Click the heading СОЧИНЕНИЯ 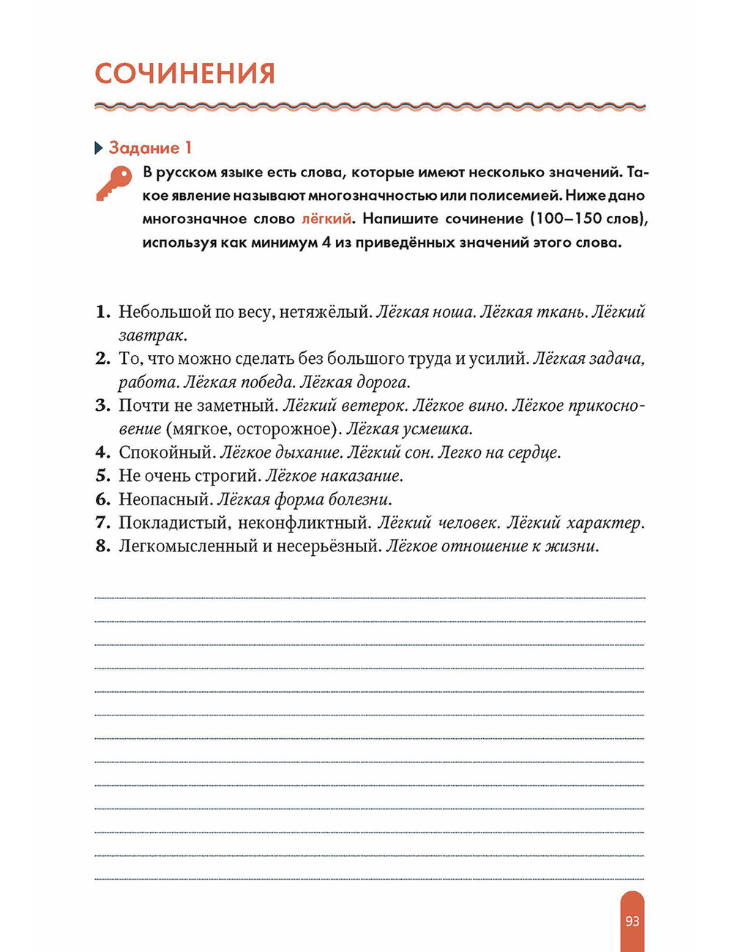184,74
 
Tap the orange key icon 113,182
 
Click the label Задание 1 150,148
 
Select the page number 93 632,921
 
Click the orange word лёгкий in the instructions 326,219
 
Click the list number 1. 102,312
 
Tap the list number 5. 102,476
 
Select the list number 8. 102,546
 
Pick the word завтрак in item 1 153,335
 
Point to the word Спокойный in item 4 166,453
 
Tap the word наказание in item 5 364,476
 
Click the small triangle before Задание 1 99,149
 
